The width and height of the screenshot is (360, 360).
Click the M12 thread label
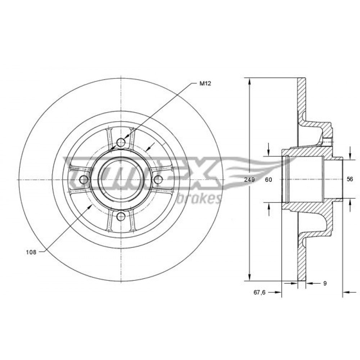point(205,84)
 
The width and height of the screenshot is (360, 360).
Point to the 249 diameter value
point(249,180)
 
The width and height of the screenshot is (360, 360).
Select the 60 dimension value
point(269,180)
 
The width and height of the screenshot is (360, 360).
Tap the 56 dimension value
point(350,179)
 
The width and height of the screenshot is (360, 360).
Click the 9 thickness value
point(325,283)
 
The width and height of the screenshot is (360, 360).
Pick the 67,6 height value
point(260,292)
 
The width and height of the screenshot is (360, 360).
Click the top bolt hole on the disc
point(121,143)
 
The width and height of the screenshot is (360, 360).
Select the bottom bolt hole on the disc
point(121,216)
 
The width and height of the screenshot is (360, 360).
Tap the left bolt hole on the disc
point(84,179)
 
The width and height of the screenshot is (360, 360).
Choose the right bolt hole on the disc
point(158,179)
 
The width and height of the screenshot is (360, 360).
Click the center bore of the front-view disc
point(121,179)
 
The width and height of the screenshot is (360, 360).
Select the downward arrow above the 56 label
point(350,153)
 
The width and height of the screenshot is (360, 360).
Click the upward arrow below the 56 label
point(350,205)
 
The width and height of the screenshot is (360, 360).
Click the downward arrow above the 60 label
point(269,149)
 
